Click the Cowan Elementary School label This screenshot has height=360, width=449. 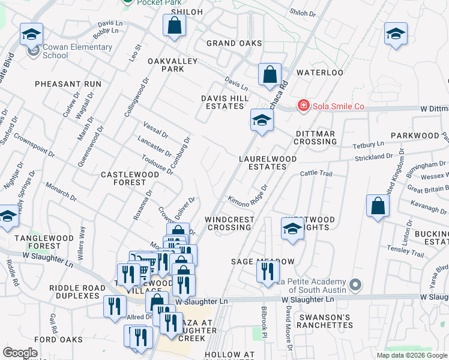click(77, 51)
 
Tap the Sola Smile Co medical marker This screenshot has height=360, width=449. click(304, 106)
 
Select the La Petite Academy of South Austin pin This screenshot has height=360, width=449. click(355, 283)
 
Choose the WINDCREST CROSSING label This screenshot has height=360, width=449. click(229, 223)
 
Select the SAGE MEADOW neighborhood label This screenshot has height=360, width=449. click(263, 262)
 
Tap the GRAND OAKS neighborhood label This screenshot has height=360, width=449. click(234, 43)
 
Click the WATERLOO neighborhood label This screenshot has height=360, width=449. click(319, 72)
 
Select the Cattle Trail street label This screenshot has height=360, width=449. click(316, 173)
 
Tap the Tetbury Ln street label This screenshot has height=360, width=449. click(368, 145)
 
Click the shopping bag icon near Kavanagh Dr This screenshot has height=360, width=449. click(378, 206)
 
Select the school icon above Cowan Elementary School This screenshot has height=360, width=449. click(32, 34)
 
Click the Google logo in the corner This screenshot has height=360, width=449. click(20, 353)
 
